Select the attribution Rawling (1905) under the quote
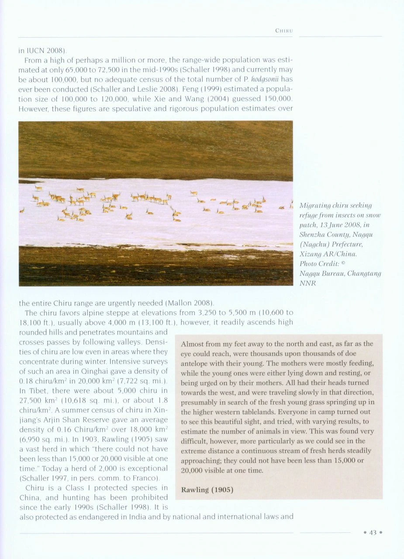click(207, 490)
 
